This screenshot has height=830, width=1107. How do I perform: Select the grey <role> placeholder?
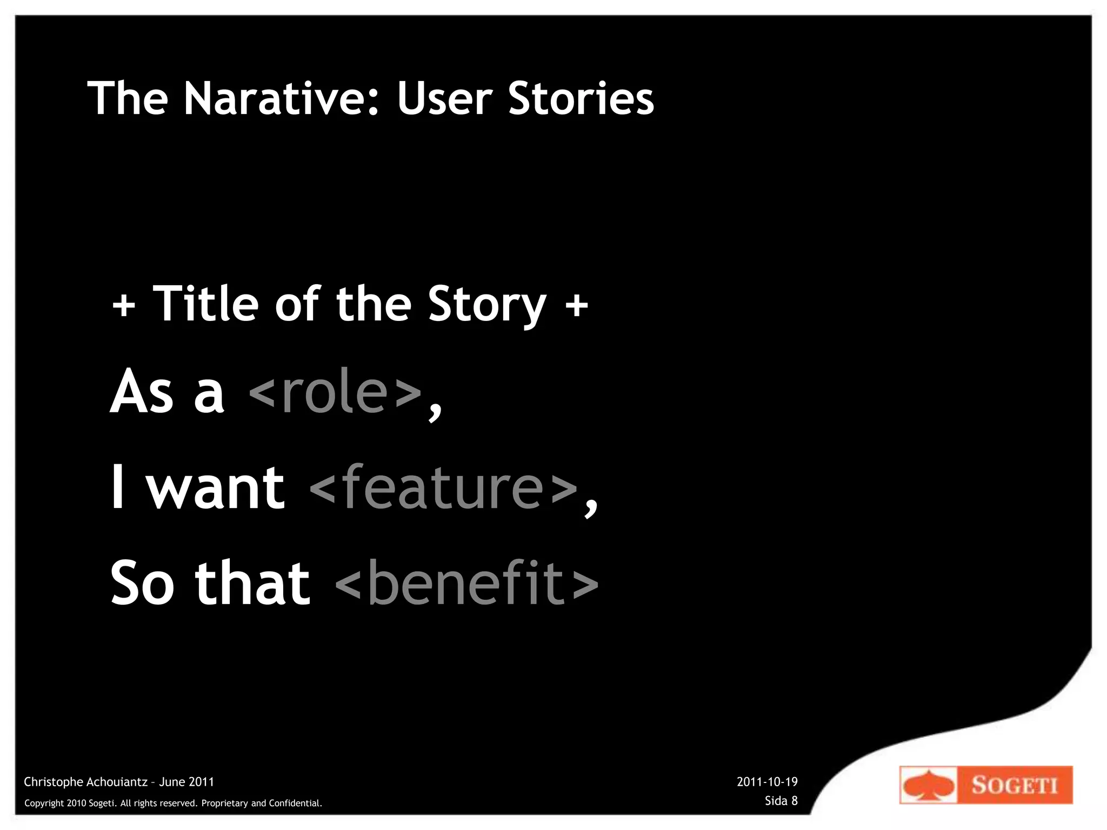(x=335, y=393)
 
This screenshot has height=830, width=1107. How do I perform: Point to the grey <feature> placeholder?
(x=444, y=488)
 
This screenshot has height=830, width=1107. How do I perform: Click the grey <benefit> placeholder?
(x=467, y=584)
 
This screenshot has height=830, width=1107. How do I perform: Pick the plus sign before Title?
(x=124, y=305)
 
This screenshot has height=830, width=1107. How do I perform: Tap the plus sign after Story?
(x=576, y=305)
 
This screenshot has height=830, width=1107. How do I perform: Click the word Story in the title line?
(x=487, y=305)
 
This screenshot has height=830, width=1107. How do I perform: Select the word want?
(x=216, y=488)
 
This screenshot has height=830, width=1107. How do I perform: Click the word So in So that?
(x=142, y=584)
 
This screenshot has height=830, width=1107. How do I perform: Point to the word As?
(x=142, y=393)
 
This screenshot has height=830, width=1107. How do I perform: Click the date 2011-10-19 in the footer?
(x=767, y=782)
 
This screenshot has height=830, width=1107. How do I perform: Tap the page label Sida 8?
(x=781, y=801)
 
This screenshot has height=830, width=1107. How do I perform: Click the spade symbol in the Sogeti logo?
(x=928, y=785)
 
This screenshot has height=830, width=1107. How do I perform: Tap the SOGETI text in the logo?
(x=1015, y=785)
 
